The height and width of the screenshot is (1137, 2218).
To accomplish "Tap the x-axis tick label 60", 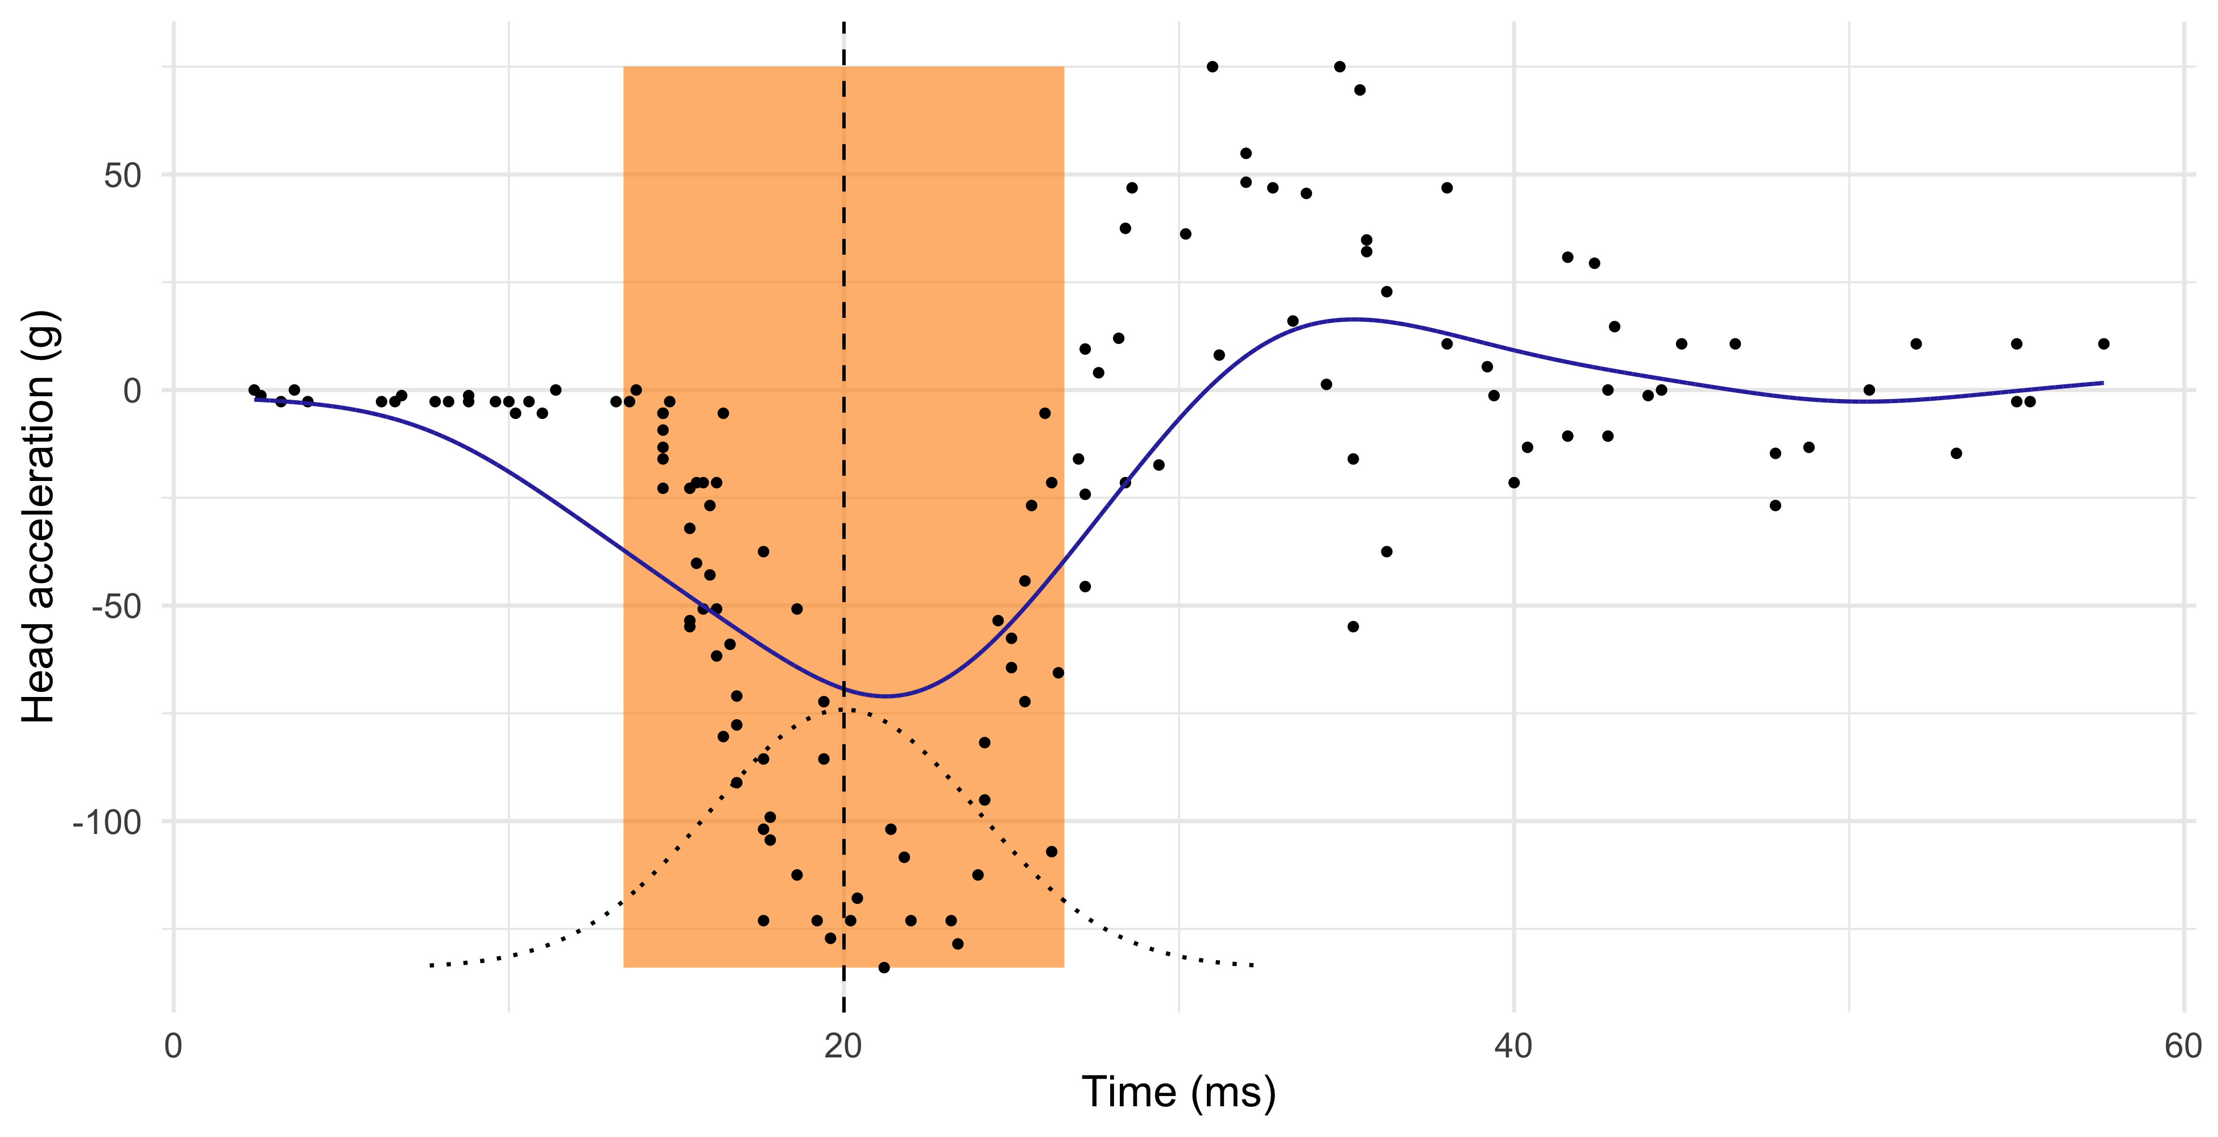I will pyautogui.click(x=2183, y=1047).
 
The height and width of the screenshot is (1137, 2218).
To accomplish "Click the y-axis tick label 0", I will pyautogui.click(x=132, y=391).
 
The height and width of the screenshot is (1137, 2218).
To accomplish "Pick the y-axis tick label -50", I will pyautogui.click(x=115, y=607).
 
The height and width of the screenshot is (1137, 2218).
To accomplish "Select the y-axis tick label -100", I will pyautogui.click(x=107, y=822).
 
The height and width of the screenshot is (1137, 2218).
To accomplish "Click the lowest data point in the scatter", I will pyautogui.click(x=883, y=968).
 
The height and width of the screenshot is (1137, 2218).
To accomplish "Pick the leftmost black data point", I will pyautogui.click(x=254, y=390).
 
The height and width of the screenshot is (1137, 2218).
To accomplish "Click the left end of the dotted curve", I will pyautogui.click(x=431, y=966).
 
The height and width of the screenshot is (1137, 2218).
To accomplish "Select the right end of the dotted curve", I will pyautogui.click(x=1253, y=966).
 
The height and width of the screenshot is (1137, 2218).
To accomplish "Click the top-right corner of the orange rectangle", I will pyautogui.click(x=1064, y=67).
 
